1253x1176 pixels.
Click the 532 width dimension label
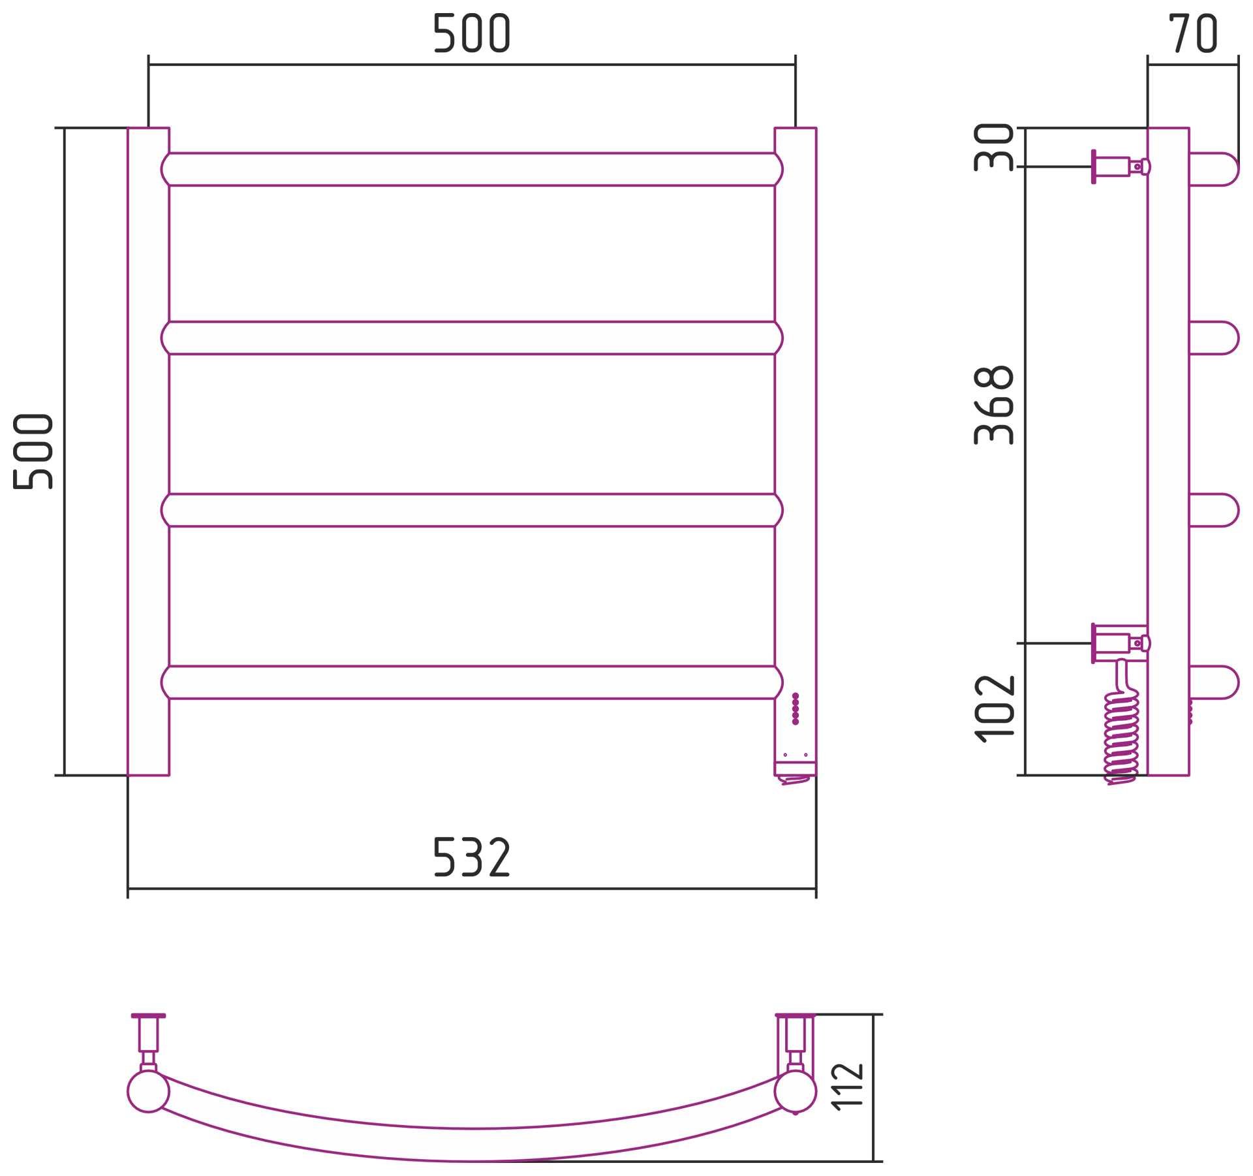click(471, 857)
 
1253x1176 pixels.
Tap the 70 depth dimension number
click(1193, 33)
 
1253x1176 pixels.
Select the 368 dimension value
click(993, 405)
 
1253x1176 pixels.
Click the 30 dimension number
click(993, 148)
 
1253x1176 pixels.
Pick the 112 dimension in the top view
click(848, 1087)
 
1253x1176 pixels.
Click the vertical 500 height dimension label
click(33, 451)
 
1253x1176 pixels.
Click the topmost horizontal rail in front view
click(472, 170)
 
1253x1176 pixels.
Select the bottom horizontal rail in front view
click(472, 682)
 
